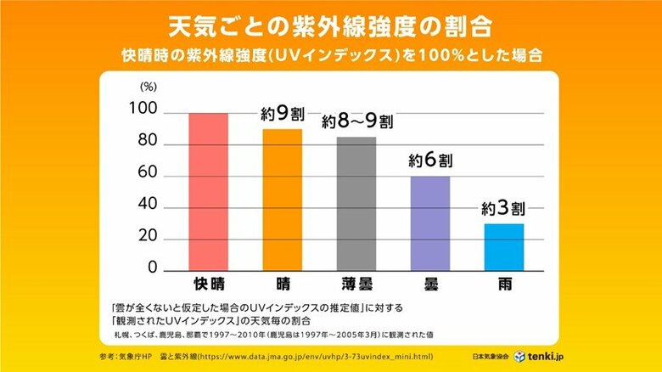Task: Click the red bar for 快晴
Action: [x=208, y=191]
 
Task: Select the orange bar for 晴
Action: [x=282, y=200]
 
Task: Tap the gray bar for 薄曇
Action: [x=356, y=204]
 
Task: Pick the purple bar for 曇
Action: [x=430, y=223]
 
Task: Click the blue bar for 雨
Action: [x=504, y=246]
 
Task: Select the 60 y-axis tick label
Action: [x=148, y=175]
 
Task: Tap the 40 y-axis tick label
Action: [x=148, y=207]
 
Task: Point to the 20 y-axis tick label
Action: [x=148, y=239]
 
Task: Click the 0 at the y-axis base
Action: [x=154, y=268]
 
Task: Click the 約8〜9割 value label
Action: [x=356, y=121]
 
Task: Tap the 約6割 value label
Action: [x=430, y=161]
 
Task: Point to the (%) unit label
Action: [x=148, y=87]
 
